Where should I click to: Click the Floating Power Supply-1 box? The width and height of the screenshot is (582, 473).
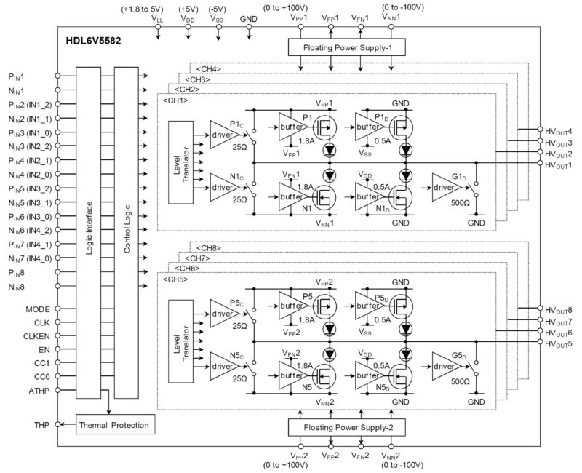[x=346, y=47]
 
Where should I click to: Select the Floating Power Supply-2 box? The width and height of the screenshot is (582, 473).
[x=346, y=426]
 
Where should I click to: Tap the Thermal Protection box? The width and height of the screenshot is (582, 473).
[x=114, y=425]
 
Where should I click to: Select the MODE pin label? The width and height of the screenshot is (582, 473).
[x=36, y=309]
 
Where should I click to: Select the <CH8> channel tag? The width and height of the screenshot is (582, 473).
[x=206, y=247]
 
